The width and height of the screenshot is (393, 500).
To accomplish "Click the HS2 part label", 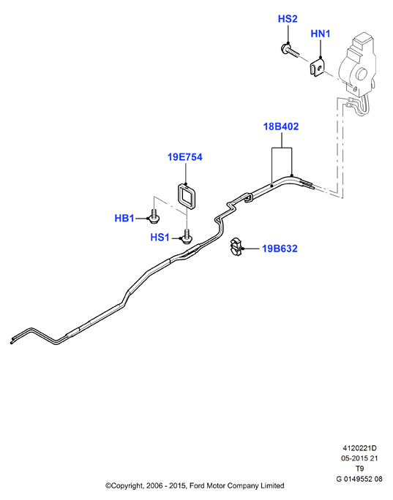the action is point(288,19).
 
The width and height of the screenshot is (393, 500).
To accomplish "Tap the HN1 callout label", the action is point(321,34).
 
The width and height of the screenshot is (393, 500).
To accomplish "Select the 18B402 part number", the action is point(281,126).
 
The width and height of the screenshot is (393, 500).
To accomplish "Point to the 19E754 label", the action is point(185,157).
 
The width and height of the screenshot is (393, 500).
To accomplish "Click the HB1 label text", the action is point(124,219).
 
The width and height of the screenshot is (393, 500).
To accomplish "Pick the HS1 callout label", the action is point(160,238).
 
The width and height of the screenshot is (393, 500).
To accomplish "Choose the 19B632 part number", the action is point(280,249).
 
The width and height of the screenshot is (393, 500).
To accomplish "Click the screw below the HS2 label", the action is point(290,51).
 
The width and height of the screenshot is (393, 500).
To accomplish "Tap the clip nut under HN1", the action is point(317,68).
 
